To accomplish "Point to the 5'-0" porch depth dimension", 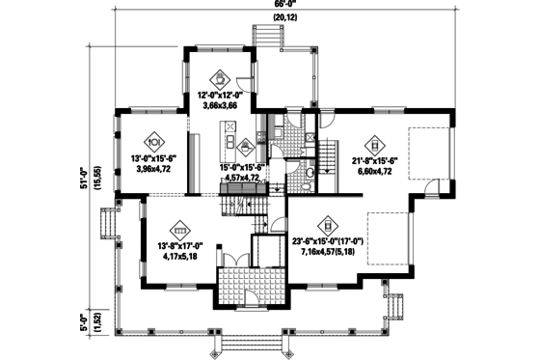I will [x=84, y=319].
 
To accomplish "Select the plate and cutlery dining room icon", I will [x=151, y=135].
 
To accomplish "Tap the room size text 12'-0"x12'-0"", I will [x=221, y=97].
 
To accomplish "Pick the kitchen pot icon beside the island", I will [x=247, y=147].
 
